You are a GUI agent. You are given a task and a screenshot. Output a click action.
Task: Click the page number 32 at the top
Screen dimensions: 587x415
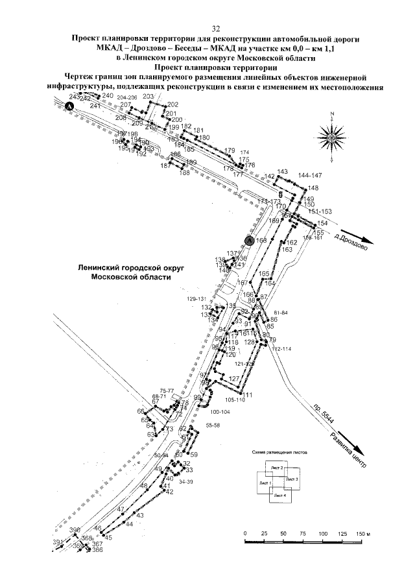(x=217, y=29)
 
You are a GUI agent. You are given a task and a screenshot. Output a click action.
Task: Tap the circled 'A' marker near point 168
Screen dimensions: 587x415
(x=248, y=240)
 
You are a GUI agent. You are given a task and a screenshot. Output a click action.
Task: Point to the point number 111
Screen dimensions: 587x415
(x=247, y=395)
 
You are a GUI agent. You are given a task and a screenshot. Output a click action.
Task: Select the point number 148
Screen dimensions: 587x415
(x=313, y=188)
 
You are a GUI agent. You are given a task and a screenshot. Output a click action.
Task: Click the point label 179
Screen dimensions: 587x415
(x=229, y=150)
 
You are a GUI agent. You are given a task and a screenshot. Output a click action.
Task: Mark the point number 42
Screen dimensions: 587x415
(x=170, y=492)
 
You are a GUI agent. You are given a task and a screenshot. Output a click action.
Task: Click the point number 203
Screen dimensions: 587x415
(x=147, y=97)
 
